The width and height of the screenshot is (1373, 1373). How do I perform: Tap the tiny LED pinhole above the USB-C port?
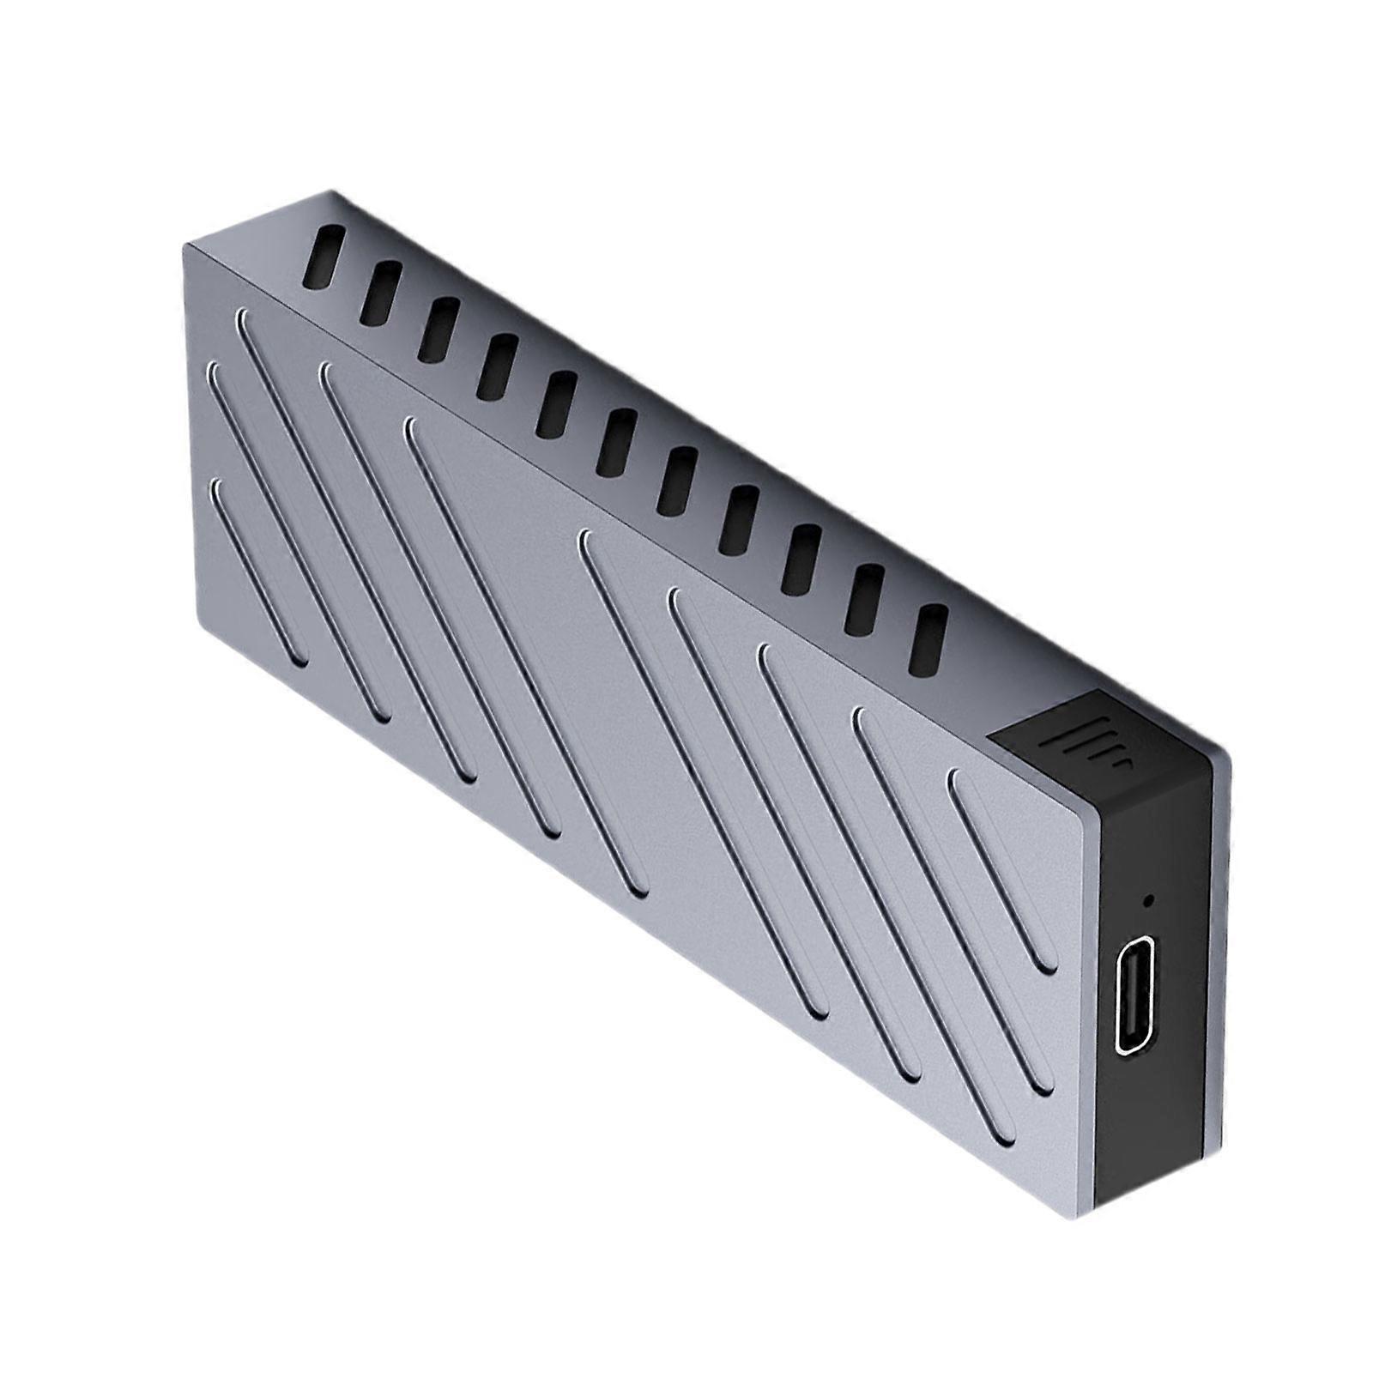click(1147, 902)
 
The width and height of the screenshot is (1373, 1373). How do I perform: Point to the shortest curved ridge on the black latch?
click(1122, 762)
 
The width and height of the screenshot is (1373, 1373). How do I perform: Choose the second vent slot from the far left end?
click(380, 293)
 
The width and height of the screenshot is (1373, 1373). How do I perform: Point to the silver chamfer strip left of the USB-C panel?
click(1085, 987)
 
